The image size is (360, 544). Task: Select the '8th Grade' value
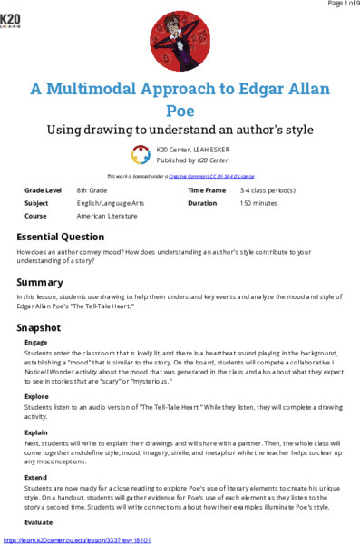coord(95,191)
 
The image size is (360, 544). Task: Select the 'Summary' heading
coord(40,282)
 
